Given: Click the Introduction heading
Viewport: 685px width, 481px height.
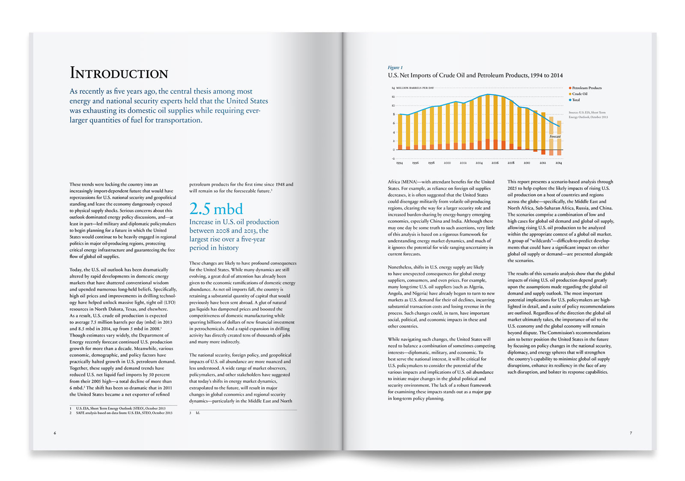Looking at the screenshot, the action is [119, 73].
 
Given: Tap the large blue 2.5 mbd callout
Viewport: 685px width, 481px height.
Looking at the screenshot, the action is [216, 209].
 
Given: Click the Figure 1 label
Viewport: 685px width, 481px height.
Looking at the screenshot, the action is [395, 68].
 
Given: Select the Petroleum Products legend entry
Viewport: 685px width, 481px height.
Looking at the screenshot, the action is [585, 88].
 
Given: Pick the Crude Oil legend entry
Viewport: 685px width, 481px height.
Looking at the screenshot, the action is [578, 94].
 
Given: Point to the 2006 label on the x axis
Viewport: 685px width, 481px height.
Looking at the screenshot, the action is [495, 163].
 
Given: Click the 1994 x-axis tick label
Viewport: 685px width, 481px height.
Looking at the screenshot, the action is [399, 163].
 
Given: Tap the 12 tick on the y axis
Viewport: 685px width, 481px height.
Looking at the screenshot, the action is [393, 97].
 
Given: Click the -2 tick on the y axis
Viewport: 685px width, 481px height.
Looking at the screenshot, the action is [393, 159].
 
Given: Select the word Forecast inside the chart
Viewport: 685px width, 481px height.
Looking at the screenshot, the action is [555, 136].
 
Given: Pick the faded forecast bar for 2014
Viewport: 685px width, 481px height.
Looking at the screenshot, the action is [559, 138].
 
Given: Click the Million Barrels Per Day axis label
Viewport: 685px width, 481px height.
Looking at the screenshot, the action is [415, 88].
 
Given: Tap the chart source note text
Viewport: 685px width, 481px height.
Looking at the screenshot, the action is [588, 115].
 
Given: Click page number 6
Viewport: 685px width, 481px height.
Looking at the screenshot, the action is [55, 433].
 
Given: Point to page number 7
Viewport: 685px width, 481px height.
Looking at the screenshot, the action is [631, 433].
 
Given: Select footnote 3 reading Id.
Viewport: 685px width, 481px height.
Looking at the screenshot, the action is [194, 413].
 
